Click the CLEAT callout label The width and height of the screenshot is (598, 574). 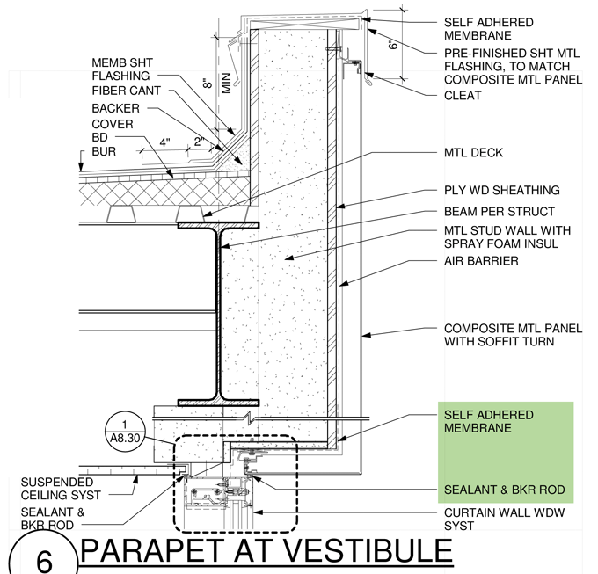pyautogui.click(x=463, y=95)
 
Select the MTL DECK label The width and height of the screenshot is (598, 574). pyautogui.click(x=473, y=153)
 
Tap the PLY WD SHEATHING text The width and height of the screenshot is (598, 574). pyautogui.click(x=501, y=190)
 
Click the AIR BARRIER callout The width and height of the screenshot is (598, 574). pyautogui.click(x=481, y=261)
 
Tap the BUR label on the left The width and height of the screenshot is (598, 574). pyautogui.click(x=104, y=152)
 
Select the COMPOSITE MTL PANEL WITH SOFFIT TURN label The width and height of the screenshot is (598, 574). pyautogui.click(x=512, y=335)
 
